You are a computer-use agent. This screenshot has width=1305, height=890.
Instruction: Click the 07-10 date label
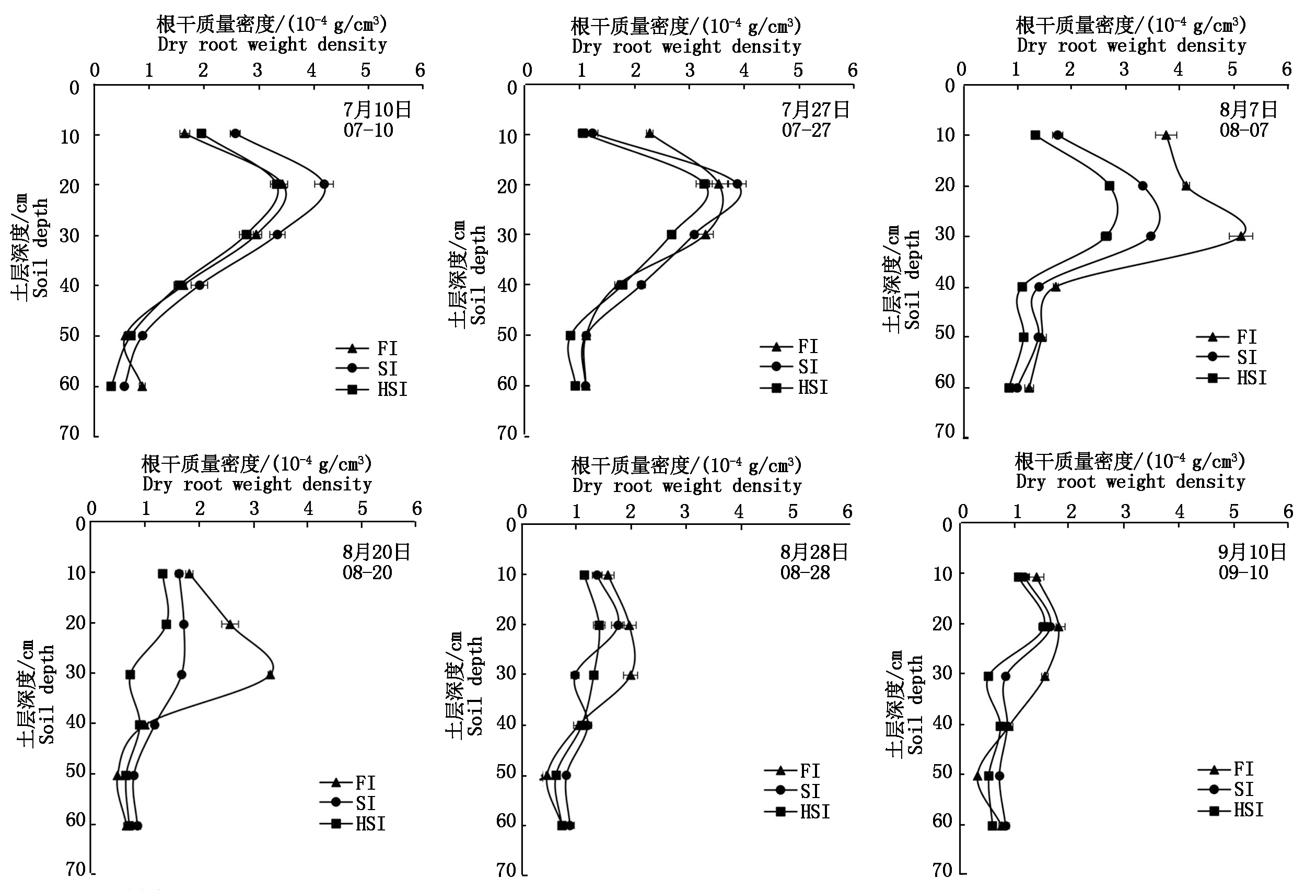(x=368, y=130)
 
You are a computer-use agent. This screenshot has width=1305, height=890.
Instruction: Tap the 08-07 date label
(x=1243, y=130)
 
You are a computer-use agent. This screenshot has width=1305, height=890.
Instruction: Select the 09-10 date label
(x=1243, y=572)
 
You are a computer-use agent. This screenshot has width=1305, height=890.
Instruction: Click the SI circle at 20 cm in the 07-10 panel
(x=324, y=184)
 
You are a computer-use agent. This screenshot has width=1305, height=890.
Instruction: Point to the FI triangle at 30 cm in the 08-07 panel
(x=1240, y=237)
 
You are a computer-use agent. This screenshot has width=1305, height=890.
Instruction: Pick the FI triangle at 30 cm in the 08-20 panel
(x=270, y=675)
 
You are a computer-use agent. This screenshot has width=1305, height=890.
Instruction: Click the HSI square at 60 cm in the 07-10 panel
(x=111, y=387)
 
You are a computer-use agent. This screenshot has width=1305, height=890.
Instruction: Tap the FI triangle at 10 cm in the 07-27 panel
(x=650, y=134)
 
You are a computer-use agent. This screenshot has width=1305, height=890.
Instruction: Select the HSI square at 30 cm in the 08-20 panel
(x=130, y=674)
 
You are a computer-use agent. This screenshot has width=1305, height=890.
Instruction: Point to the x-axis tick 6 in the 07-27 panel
(x=853, y=70)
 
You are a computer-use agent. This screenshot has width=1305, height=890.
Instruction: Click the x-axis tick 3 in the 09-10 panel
(x=1125, y=511)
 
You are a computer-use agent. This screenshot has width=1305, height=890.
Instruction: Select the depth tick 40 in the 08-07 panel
(x=945, y=284)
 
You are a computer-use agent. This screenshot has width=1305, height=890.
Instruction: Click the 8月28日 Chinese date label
(x=813, y=552)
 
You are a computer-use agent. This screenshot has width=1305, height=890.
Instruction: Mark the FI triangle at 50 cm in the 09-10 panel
(x=977, y=776)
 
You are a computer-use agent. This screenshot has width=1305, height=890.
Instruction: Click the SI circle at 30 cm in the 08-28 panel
(x=575, y=675)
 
